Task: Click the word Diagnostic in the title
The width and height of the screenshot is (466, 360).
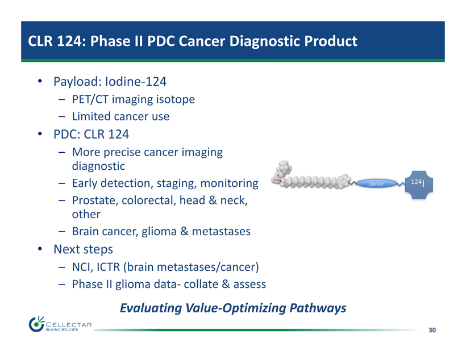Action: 265,41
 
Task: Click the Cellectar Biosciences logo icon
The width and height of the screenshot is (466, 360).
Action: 36,324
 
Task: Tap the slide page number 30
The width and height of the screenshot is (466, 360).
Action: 432,330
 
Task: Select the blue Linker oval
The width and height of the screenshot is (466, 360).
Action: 377,183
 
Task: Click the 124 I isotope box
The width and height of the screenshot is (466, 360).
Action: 419,185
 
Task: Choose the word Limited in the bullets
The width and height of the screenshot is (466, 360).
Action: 91,116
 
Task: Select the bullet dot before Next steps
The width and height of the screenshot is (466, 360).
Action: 40,249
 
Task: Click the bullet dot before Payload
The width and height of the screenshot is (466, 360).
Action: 40,81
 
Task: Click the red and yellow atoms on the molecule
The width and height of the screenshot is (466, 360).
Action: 276,179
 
